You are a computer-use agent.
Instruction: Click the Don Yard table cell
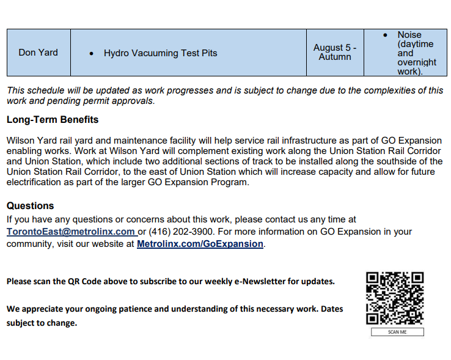click(x=38, y=53)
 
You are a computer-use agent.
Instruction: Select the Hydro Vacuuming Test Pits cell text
click(x=160, y=53)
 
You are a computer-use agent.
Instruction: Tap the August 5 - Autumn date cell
click(x=334, y=52)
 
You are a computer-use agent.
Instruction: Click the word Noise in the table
click(x=409, y=35)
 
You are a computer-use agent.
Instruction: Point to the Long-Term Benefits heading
click(x=53, y=120)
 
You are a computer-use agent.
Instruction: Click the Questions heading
click(x=31, y=206)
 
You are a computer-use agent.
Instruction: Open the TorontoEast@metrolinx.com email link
click(x=71, y=232)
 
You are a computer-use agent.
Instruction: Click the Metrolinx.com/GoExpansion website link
click(x=200, y=244)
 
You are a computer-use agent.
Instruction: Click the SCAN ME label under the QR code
click(x=397, y=332)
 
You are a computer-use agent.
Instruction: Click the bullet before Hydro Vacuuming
click(x=91, y=54)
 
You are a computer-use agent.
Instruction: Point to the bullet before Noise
click(x=385, y=35)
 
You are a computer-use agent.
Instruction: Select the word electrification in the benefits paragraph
click(x=33, y=182)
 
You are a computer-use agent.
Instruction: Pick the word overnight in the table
click(x=417, y=62)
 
